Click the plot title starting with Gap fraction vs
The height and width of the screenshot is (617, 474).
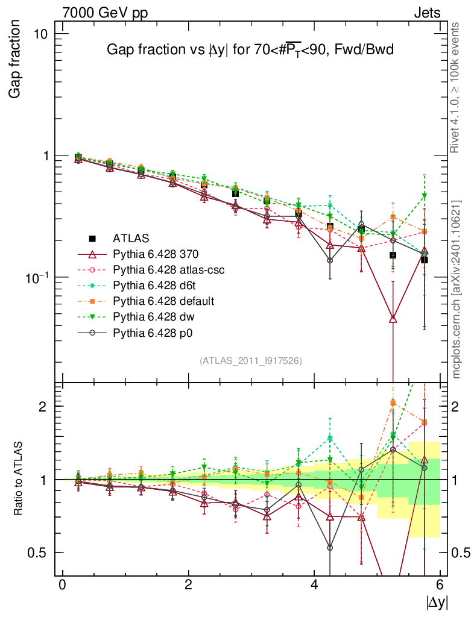click(x=250, y=50)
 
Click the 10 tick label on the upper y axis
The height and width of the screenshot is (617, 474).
click(x=40, y=33)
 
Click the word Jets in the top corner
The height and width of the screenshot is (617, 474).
click(x=426, y=13)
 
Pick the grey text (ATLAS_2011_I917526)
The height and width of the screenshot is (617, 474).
click(x=251, y=360)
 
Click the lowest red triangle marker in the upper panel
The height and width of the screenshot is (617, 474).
click(x=393, y=319)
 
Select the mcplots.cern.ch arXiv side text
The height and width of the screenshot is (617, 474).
click(x=457, y=289)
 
